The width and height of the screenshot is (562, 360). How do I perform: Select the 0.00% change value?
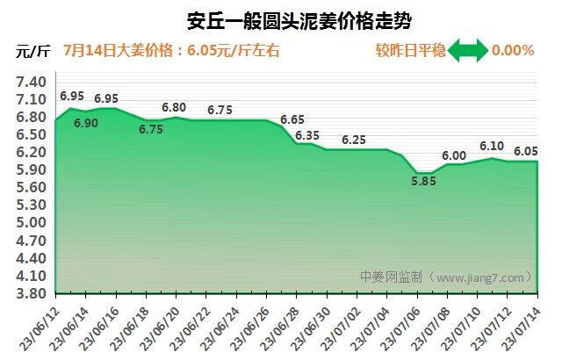[513, 51]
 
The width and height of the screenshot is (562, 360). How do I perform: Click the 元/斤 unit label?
[32, 51]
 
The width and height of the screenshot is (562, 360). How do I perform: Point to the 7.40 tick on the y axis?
[31, 82]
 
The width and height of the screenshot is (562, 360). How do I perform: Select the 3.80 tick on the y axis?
[31, 293]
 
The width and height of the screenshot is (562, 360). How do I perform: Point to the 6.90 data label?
[86, 124]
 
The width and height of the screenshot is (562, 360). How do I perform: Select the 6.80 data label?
[174, 107]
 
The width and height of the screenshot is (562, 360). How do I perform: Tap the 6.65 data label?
[292, 119]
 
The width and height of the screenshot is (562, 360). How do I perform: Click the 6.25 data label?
[354, 140]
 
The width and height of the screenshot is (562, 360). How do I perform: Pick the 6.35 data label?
[307, 135]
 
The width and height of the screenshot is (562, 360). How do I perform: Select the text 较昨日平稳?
[409, 51]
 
